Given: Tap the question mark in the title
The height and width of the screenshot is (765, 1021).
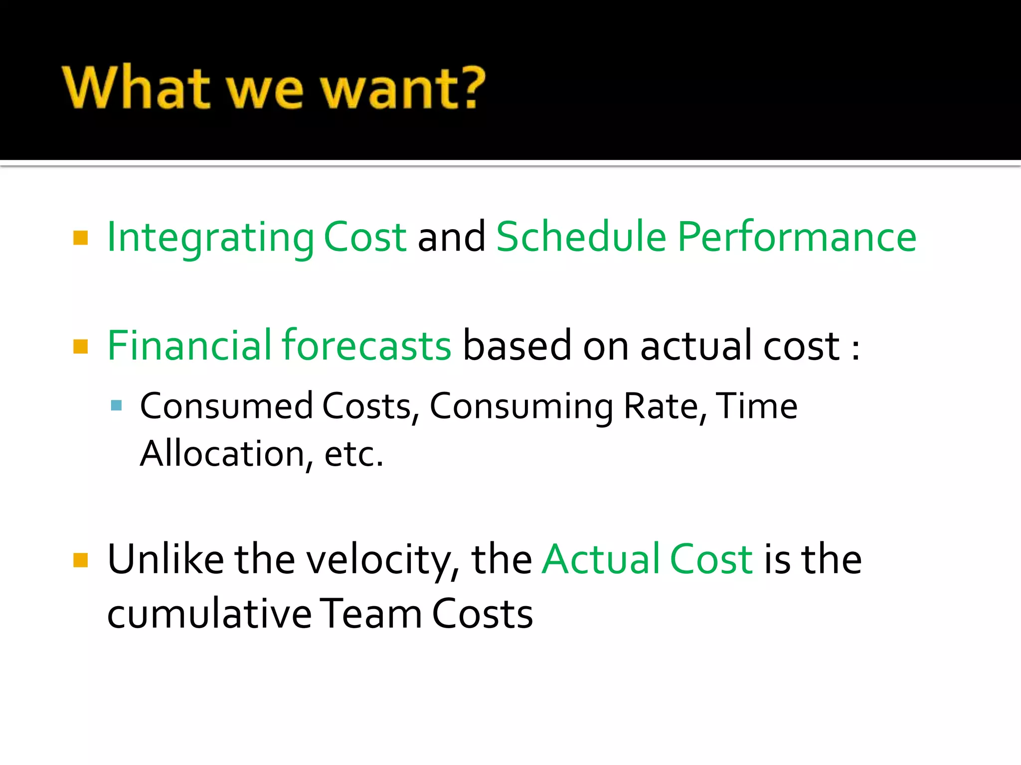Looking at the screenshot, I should [471, 88].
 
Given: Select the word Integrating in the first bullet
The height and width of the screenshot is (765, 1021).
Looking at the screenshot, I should [210, 238].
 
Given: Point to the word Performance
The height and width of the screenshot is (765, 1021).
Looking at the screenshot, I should [797, 238].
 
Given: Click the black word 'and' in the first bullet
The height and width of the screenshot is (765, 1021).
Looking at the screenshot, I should [451, 238].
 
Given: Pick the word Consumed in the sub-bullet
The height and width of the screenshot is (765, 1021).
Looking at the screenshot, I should [226, 406].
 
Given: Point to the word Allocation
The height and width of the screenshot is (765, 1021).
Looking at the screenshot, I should [222, 454].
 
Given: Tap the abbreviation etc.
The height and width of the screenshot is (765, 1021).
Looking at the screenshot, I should [353, 455].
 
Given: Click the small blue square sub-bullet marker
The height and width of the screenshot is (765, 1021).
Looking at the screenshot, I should [117, 405].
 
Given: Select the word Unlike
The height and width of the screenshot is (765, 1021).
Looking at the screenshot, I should [166, 559].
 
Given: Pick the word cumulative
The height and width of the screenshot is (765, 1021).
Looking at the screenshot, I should [209, 614].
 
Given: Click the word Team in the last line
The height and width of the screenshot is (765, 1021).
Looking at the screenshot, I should [370, 614].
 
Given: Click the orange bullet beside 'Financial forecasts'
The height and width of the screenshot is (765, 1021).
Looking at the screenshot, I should [80, 346].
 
